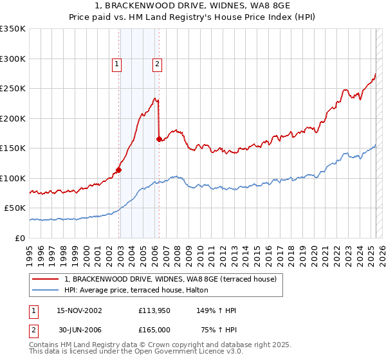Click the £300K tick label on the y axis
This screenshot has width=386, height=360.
(12, 59)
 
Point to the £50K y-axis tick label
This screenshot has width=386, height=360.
(15, 208)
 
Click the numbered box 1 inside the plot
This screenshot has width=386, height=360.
(116, 64)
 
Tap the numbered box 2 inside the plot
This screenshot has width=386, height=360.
(156, 64)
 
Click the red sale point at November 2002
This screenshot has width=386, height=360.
(119, 170)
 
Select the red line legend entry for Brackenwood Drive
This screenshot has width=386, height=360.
(170, 279)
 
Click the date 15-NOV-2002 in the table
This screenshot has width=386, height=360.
(79, 310)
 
